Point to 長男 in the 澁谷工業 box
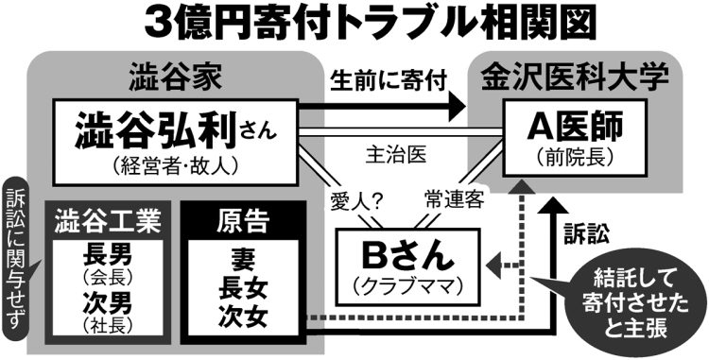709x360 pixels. pos(105,256)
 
